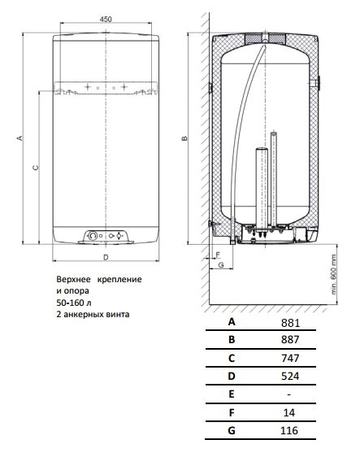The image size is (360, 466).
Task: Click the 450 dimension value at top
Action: [106, 20]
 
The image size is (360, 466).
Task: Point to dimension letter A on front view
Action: [20, 138]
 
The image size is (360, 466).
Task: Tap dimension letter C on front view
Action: [36, 168]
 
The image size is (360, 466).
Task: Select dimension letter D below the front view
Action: [106, 257]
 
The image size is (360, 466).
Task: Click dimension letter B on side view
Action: [184, 138]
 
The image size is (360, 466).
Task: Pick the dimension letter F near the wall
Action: [218, 255]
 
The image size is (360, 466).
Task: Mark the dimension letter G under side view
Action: [221, 265]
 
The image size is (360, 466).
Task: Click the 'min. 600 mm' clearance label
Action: [334, 274]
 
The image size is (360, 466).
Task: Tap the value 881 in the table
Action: [290, 323]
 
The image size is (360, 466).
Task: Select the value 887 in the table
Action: [290, 339]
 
